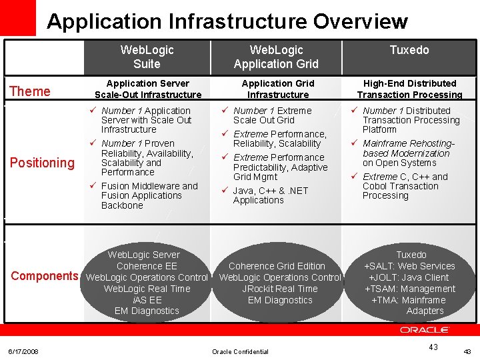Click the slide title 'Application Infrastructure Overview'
[x=227, y=21]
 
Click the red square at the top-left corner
[x=17, y=17]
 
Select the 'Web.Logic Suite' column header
[x=147, y=57]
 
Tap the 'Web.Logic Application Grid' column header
[x=276, y=57]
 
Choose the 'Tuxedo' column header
[x=409, y=50]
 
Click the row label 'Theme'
[x=30, y=91]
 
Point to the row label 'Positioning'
[x=42, y=163]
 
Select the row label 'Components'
[x=44, y=276]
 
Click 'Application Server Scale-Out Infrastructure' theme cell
[x=148, y=89]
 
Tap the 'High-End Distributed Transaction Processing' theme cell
[x=409, y=89]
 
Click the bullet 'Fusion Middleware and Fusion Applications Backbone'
[x=149, y=195]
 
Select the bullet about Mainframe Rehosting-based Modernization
[x=408, y=153]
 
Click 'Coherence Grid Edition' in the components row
[x=277, y=266]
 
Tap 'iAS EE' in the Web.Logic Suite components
[x=147, y=300]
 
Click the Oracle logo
[x=425, y=330]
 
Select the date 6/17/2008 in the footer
[x=23, y=351]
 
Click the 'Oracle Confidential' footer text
[x=240, y=351]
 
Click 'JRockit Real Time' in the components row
[x=280, y=289]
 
